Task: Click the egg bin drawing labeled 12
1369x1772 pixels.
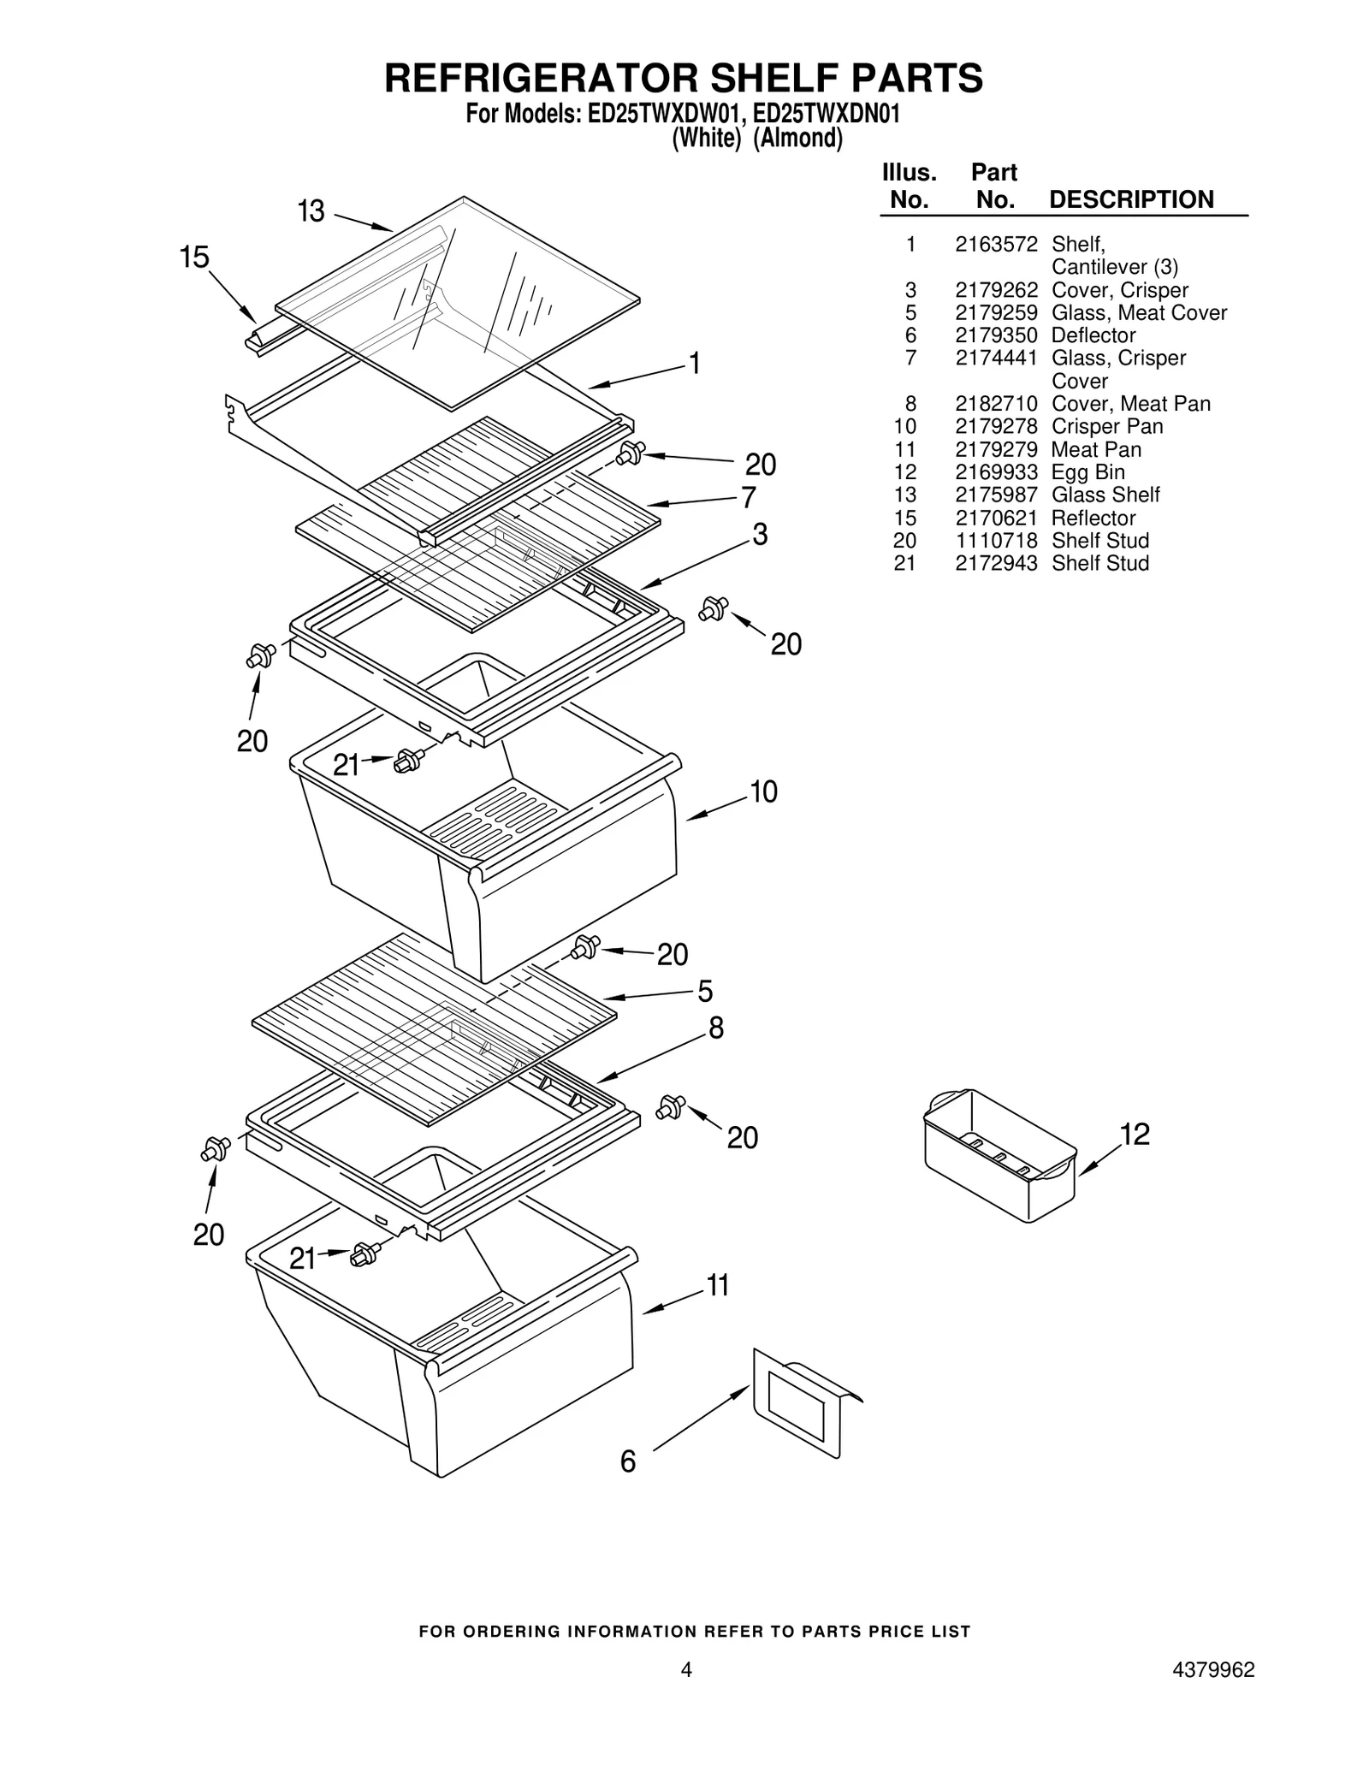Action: click(999, 1156)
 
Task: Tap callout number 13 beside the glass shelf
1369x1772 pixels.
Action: click(311, 211)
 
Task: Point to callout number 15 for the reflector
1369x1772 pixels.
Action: click(195, 257)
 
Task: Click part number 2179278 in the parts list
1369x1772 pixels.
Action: click(996, 426)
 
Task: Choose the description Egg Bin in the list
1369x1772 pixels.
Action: click(1087, 472)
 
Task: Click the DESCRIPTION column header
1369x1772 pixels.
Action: click(1131, 199)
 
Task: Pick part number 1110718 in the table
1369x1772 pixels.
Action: click(996, 541)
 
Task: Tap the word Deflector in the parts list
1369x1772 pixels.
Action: click(1093, 335)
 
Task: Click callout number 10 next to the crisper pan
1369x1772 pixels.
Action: click(763, 791)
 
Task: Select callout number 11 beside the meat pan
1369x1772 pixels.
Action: click(717, 1285)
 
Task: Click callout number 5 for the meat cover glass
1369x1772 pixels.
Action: click(705, 992)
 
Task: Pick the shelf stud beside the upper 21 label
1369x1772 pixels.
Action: click(410, 759)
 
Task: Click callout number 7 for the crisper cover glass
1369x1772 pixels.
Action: click(748, 497)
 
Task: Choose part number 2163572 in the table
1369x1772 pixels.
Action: click(996, 245)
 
